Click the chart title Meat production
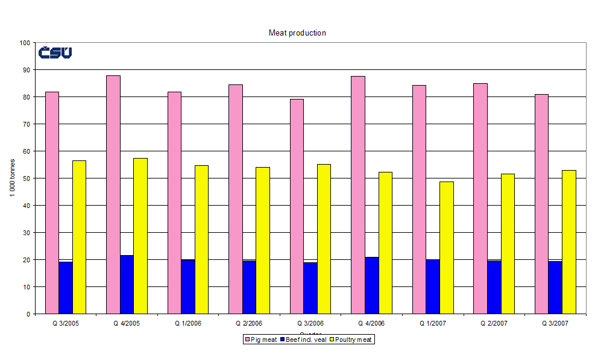[297, 33]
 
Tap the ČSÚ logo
[55, 52]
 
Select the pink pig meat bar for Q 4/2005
[113, 194]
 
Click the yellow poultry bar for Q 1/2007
[446, 247]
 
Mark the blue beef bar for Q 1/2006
[187, 286]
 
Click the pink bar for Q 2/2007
[480, 198]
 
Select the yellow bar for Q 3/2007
[568, 242]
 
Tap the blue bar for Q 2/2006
[248, 287]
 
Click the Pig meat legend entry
[260, 339]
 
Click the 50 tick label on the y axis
[26, 178]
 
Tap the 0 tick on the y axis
[28, 314]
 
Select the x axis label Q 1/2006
[187, 323]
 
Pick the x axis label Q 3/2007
[555, 323]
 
